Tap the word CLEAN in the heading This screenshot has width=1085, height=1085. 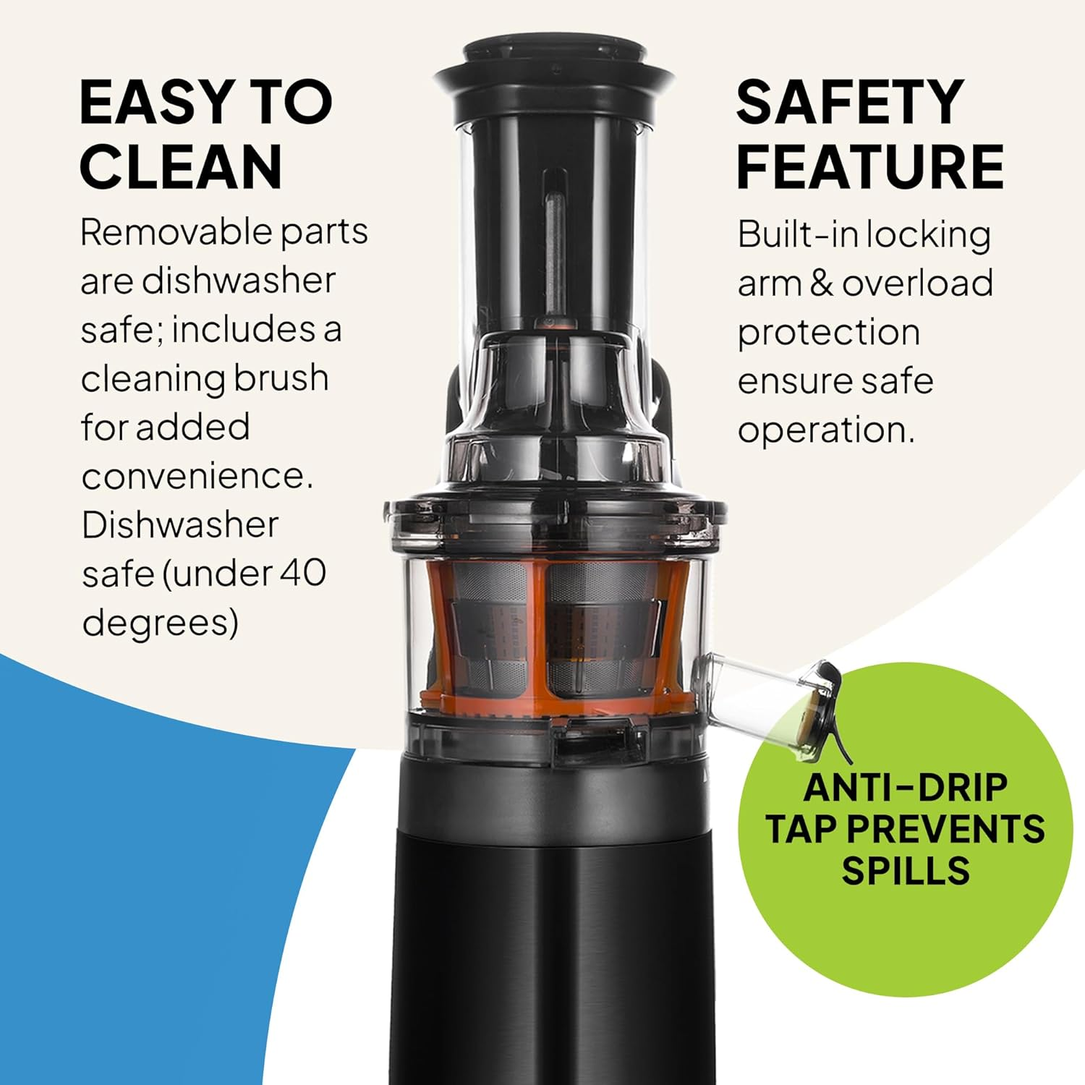[x=180, y=167]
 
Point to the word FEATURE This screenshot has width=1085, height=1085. [x=870, y=167]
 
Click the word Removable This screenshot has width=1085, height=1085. [x=174, y=233]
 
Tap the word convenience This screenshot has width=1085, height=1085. [x=197, y=476]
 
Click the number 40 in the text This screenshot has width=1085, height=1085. [x=302, y=573]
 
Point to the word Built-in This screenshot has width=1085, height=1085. [x=797, y=235]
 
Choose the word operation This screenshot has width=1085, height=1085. [x=825, y=430]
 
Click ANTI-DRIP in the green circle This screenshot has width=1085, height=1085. [x=905, y=788]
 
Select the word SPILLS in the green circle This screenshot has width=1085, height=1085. [x=905, y=870]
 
